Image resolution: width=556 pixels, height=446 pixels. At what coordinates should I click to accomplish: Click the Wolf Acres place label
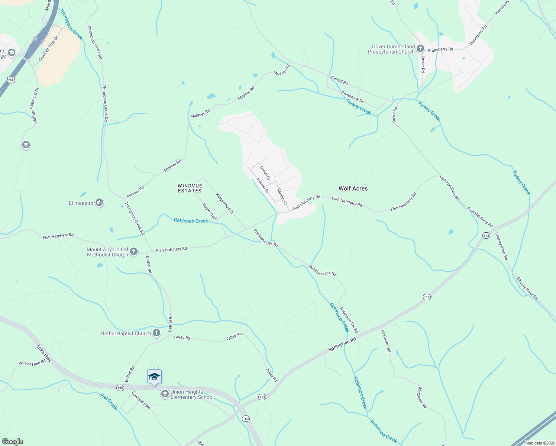point(353,188)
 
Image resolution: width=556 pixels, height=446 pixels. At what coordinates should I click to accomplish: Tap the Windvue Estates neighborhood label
point(190,188)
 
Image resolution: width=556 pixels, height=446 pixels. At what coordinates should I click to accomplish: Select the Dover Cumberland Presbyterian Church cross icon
point(420,48)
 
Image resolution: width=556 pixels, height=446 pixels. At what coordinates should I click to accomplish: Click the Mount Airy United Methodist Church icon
point(134,252)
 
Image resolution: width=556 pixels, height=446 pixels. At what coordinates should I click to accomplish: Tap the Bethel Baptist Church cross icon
point(156,333)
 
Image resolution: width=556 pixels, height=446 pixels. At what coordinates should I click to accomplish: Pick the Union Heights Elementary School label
point(192,394)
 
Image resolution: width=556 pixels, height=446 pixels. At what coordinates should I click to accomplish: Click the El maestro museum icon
point(99,203)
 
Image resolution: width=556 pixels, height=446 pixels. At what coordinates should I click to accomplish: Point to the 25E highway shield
point(11,80)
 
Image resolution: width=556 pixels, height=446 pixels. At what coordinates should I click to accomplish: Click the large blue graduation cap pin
point(154,377)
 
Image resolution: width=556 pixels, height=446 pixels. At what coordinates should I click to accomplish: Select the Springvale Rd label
point(342,345)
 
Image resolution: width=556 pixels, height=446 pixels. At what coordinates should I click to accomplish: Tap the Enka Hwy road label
point(44,353)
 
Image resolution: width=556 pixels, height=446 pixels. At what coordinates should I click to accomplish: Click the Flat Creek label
point(109,402)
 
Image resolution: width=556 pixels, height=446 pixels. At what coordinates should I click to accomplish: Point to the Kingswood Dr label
point(224,203)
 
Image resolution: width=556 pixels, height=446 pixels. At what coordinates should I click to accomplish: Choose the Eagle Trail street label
point(209,211)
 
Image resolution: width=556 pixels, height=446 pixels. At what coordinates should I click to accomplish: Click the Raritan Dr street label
point(282,196)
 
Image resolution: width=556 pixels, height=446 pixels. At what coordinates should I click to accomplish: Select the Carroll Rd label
point(339,80)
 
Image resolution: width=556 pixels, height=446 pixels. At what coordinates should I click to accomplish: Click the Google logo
point(13,442)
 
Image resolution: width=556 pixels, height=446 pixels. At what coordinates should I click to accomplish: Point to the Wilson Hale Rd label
point(32,363)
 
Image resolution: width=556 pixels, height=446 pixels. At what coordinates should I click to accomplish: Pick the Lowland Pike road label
point(141,400)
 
